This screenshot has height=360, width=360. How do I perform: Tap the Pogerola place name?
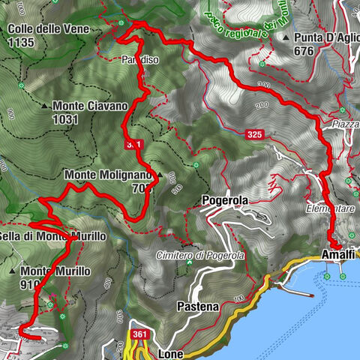(225, 200)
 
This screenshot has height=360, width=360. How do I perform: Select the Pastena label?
(197, 307)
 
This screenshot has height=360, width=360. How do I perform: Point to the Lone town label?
(172, 351)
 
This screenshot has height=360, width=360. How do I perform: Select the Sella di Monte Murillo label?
(52, 236)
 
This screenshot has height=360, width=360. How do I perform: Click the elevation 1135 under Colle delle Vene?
(22, 43)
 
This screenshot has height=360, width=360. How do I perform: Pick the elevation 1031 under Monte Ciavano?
(66, 118)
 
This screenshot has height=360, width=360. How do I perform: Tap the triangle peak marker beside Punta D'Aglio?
(286, 37)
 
